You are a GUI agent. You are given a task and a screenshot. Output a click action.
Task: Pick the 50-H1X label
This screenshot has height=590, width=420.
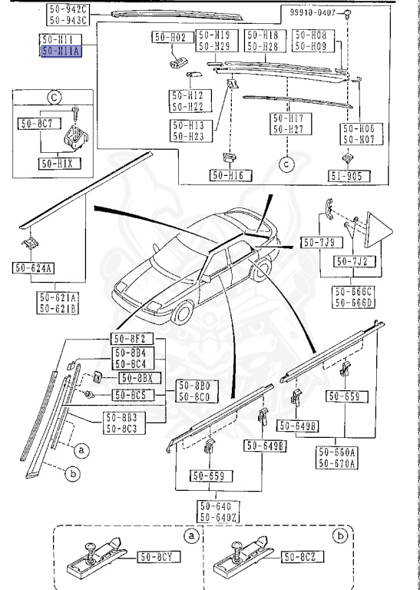[59, 164]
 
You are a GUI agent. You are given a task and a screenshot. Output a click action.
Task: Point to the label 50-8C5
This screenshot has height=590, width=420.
[133, 395]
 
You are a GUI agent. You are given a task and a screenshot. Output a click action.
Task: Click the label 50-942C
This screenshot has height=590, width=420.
[68, 8]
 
